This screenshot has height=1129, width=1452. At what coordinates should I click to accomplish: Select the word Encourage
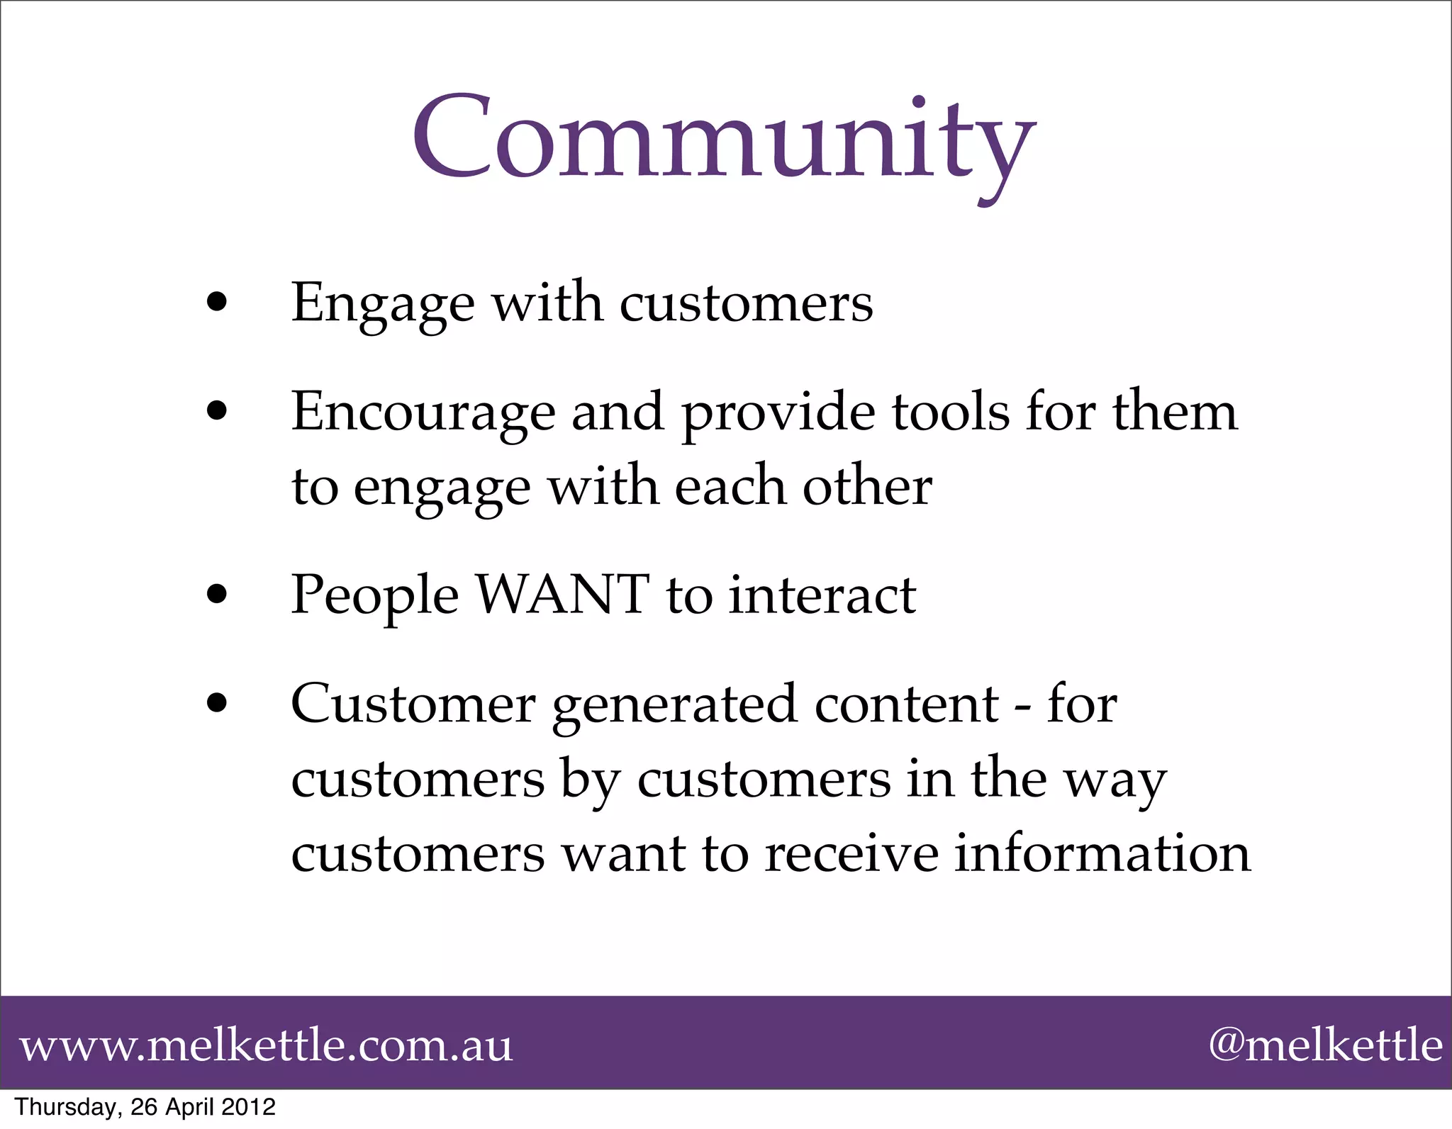[423, 412]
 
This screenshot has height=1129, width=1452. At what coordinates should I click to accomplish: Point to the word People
[375, 595]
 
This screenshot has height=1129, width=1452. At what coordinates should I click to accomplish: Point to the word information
[1102, 853]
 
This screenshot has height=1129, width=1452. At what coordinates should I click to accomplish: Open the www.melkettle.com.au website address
[266, 1045]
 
